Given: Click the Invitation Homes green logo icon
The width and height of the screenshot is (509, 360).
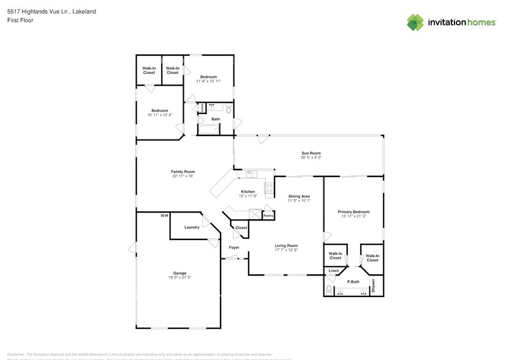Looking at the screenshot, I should click(x=415, y=23).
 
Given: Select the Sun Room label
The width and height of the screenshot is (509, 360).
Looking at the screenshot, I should click(x=311, y=153).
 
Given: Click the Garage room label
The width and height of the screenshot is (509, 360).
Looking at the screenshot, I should click(x=179, y=273).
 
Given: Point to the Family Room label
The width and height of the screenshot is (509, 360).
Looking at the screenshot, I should click(x=183, y=171).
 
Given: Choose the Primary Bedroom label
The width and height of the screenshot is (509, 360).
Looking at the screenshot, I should click(x=353, y=212).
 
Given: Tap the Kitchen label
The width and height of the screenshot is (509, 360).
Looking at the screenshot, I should click(x=247, y=192).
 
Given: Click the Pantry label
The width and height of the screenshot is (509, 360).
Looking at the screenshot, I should click(x=268, y=216).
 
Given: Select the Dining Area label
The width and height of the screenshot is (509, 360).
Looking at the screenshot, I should click(x=300, y=196).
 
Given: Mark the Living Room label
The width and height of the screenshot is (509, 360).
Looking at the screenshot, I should click(x=286, y=246).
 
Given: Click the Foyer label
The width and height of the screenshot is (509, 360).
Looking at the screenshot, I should click(x=234, y=247).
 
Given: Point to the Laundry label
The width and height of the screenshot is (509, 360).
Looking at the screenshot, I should click(x=192, y=227).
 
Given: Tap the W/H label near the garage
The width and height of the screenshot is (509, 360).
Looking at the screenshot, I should click(x=164, y=216).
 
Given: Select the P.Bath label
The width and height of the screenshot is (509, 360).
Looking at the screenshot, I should click(x=353, y=282).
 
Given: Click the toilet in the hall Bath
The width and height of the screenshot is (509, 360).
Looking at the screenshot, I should click(x=228, y=110).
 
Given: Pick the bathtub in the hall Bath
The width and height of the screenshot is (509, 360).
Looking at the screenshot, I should click(x=209, y=129).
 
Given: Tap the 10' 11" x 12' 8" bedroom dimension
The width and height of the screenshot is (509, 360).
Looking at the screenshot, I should click(x=159, y=115).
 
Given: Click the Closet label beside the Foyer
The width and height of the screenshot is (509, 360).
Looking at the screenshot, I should click(x=241, y=228).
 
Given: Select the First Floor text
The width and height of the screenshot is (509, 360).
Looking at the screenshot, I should click(x=21, y=20).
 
